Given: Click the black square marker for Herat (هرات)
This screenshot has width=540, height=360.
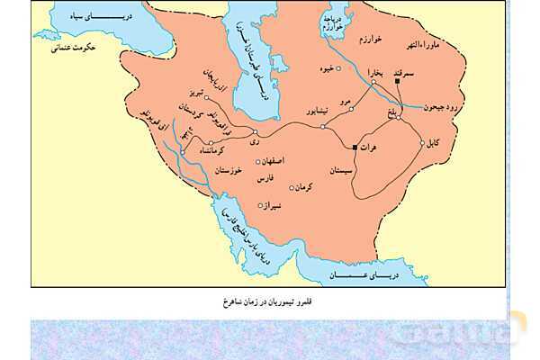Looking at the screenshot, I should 355,146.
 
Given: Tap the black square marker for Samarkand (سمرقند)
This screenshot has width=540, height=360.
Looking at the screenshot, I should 397,83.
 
